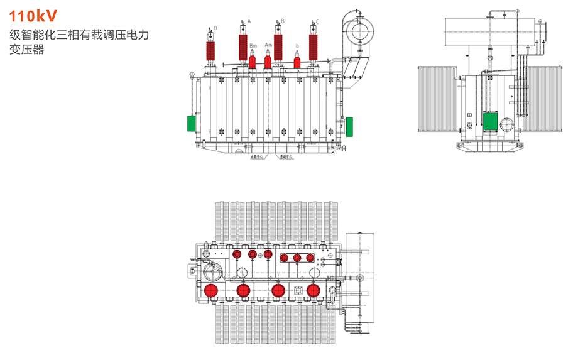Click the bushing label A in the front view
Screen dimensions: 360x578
[x=249, y=21]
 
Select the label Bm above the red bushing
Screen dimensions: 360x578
[x=253, y=46]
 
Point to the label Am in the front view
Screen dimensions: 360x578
[x=268, y=45]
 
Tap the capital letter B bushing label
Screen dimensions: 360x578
[x=283, y=21]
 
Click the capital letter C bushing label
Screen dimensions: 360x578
[x=317, y=21]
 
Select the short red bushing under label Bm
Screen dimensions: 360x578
[x=253, y=62]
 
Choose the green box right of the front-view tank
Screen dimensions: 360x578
[x=349, y=124]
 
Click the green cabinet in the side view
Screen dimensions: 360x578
[x=489, y=120]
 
